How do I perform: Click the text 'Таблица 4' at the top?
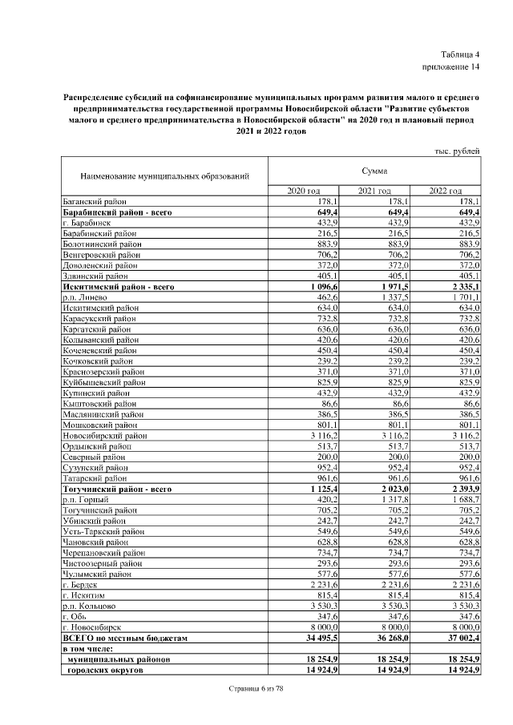point(458,54)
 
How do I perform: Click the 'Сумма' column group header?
point(374,171)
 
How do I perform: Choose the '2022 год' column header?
point(445,191)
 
